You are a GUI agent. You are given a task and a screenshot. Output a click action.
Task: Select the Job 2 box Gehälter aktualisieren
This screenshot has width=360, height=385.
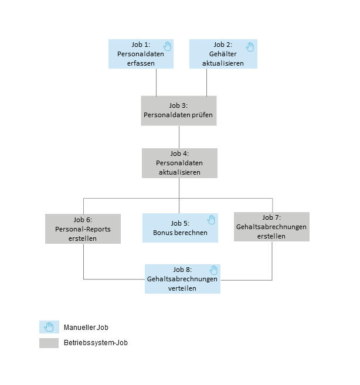point(223,54)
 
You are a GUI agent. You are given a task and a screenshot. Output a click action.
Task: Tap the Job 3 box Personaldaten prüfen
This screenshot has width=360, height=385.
point(179,110)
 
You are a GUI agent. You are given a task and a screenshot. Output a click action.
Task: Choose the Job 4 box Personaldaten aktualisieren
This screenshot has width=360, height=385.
point(179,163)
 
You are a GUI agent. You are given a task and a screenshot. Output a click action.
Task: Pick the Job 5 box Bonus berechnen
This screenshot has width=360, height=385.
point(180,227)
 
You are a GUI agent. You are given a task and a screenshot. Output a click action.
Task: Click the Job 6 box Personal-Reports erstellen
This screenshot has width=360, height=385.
point(83,228)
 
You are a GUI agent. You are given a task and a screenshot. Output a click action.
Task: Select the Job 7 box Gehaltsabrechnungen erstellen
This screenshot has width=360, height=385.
point(271,227)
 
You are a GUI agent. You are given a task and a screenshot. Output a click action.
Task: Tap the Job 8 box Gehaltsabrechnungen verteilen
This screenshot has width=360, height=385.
point(182,279)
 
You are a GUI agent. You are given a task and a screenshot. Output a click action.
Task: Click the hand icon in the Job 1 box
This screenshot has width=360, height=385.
point(167,46)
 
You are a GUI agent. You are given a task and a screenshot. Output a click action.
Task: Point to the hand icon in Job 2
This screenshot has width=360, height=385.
point(250,46)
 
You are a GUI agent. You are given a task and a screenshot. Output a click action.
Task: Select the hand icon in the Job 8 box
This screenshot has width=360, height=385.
point(213,270)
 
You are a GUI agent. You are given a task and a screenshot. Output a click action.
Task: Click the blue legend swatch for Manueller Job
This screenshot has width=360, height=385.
point(49,327)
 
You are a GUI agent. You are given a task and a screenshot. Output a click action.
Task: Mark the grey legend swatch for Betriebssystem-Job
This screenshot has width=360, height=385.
point(49,343)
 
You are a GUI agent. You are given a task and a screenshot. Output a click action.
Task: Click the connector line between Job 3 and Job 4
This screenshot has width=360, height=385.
point(179,137)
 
